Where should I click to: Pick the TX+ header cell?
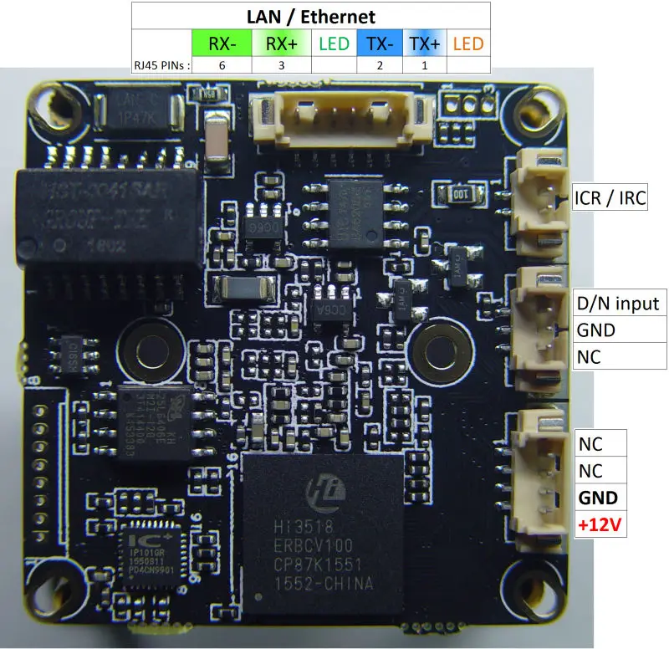[424, 43]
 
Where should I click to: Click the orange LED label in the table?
[468, 43]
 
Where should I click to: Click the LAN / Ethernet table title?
[311, 16]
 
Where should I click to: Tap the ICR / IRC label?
[610, 199]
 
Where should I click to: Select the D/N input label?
[618, 303]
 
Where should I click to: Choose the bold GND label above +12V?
[597, 498]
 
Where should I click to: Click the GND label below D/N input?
[595, 330]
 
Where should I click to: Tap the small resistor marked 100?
[460, 193]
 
